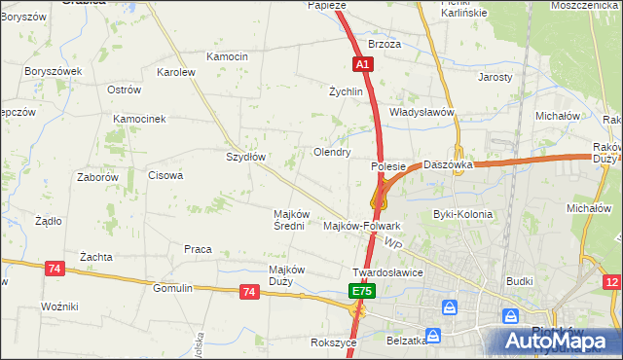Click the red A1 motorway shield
[362, 64]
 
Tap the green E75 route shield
[362, 291]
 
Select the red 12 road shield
[611, 282]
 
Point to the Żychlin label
[346, 91]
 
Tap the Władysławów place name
[422, 112]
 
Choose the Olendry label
[332, 152]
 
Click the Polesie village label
[388, 166]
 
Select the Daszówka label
[448, 165]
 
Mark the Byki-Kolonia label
[462, 214]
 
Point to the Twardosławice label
[387, 272]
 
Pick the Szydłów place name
[246, 156]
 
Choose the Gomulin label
[173, 288]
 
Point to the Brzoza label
[385, 45]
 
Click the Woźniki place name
[59, 306]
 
